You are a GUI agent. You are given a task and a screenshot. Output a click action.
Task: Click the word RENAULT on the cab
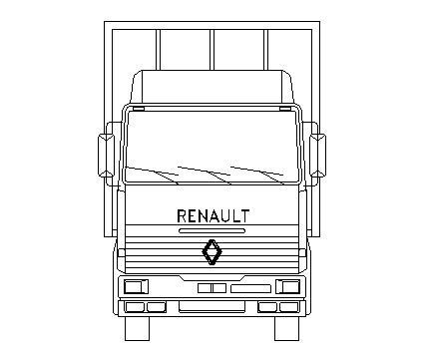pyautogui.click(x=213, y=216)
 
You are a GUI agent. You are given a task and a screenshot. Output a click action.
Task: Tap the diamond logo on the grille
pyautogui.click(x=213, y=252)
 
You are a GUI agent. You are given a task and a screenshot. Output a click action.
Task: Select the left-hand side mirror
pyautogui.click(x=106, y=156)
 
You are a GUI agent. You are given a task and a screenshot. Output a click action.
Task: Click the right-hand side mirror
pyautogui.click(x=318, y=156)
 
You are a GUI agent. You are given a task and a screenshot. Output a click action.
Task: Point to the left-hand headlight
pyautogui.click(x=136, y=286)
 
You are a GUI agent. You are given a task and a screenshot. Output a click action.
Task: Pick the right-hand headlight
pyautogui.click(x=288, y=286)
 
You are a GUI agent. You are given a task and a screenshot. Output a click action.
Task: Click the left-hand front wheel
pyautogui.click(x=137, y=329)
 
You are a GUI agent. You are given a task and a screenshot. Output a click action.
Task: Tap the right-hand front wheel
pyautogui.click(x=286, y=329)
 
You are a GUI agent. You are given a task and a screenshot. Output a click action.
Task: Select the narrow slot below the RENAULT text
pyautogui.click(x=213, y=231)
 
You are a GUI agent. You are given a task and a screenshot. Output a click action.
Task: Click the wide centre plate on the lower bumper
pyautogui.click(x=212, y=307)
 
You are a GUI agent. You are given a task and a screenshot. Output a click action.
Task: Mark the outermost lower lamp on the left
pyautogui.click(x=135, y=307)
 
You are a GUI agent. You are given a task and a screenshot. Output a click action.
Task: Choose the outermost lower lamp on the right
pyautogui.click(x=289, y=307)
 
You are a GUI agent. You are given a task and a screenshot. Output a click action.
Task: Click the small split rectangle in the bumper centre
pyautogui.click(x=212, y=288)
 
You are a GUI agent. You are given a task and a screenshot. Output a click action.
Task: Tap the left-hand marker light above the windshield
pyautogui.click(x=139, y=109)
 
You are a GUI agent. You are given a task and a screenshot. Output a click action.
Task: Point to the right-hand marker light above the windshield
pyautogui.click(x=285, y=109)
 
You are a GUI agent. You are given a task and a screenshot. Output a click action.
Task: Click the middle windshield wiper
pyautogui.click(x=205, y=176)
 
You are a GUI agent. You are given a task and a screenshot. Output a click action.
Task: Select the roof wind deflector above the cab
pyautogui.click(x=213, y=87)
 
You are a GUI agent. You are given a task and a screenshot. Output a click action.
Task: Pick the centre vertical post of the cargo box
pyautogui.click(x=212, y=50)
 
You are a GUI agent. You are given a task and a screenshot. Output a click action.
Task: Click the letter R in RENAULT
pyautogui.click(x=182, y=216)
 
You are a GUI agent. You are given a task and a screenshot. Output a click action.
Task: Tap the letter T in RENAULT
pyautogui.click(x=244, y=216)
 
